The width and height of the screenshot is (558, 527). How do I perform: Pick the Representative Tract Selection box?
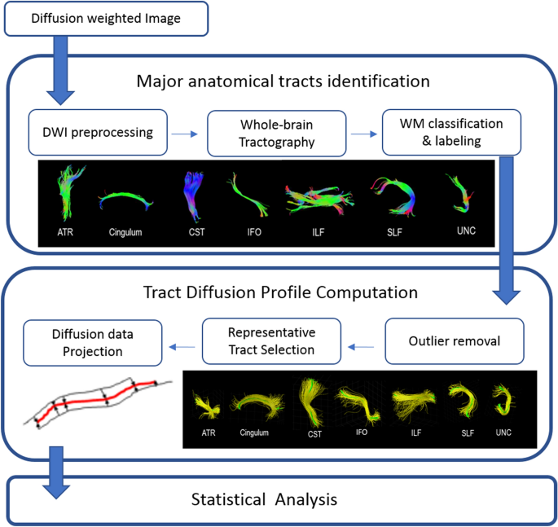271,341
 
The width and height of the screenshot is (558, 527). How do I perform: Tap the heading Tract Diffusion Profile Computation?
280,292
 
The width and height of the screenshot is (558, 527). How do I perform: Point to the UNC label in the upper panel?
464,231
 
